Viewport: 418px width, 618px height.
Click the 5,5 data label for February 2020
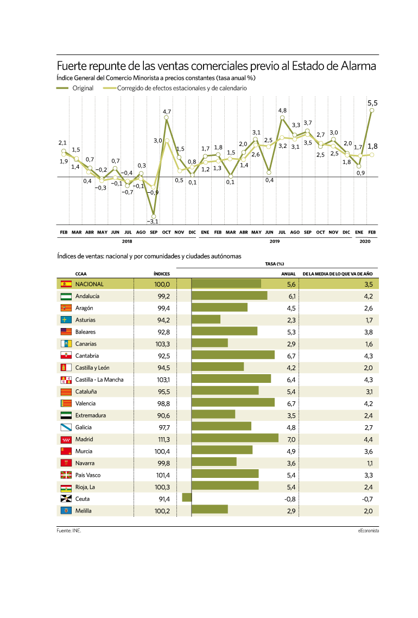tap(372, 103)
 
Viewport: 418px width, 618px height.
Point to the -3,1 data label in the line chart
tap(153, 222)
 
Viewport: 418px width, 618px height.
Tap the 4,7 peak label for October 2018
tap(167, 112)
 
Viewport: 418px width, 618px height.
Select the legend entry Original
tap(75, 89)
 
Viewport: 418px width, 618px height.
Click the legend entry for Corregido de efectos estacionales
tap(175, 89)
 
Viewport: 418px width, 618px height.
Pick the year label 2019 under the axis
tap(275, 241)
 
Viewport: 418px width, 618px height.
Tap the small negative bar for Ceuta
tap(187, 497)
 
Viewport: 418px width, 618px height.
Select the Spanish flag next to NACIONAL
tap(66, 284)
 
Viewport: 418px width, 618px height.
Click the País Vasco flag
tap(66, 475)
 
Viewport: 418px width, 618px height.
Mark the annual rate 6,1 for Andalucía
tap(292, 297)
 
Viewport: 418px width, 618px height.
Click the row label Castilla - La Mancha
tap(99, 380)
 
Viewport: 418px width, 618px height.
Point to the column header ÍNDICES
tap(162, 274)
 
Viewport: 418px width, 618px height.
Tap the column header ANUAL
tap(288, 274)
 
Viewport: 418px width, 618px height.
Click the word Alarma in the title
tap(358, 66)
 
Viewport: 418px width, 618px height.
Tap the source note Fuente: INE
tap(69, 531)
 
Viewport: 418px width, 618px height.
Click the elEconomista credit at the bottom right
tap(369, 531)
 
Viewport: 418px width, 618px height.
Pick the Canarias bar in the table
tap(210, 343)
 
